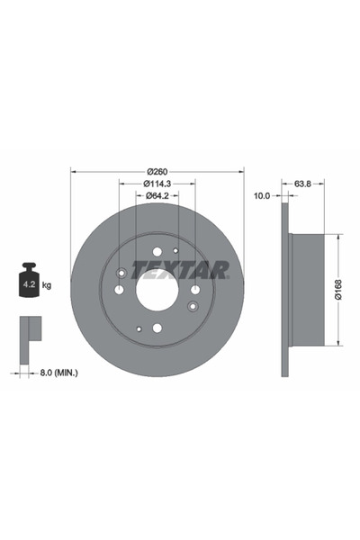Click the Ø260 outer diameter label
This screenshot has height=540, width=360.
157,171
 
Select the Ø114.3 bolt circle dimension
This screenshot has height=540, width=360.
157,184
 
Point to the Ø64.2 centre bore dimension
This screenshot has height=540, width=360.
157,195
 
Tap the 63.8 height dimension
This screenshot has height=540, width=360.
302,184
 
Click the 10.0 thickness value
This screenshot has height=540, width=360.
262,196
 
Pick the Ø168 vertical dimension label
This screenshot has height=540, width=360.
339,289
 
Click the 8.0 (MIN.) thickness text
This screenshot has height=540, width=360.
58,373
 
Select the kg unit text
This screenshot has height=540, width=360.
47,285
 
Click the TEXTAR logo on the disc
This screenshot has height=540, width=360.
179,270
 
